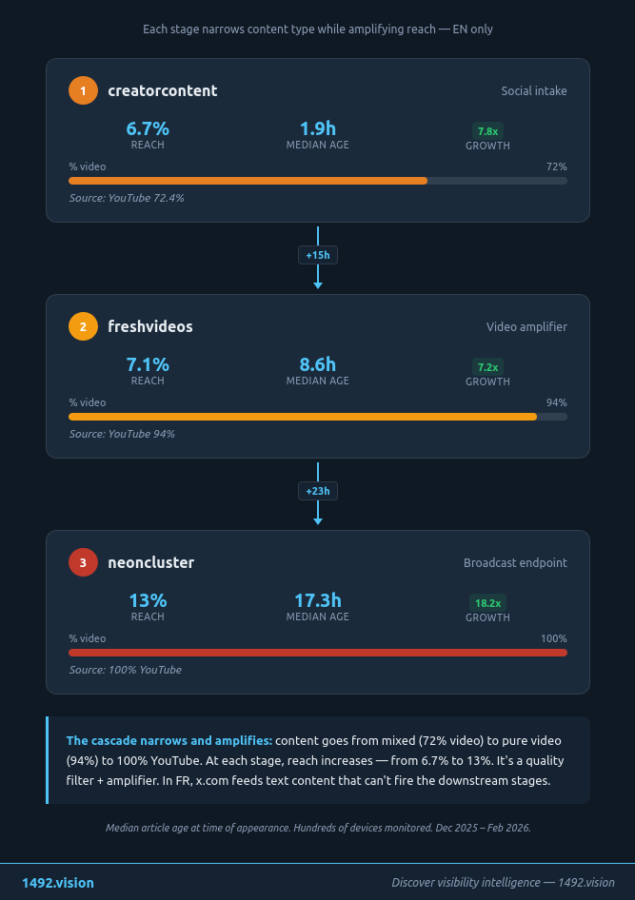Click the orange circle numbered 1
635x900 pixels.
(83, 91)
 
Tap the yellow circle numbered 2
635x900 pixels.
(83, 327)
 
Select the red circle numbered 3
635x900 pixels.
(83, 563)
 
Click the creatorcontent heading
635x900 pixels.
(162, 91)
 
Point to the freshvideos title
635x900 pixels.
(150, 327)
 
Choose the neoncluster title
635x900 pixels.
(150, 563)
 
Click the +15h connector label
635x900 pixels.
(318, 255)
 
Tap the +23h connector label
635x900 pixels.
(318, 491)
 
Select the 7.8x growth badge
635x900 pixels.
(487, 131)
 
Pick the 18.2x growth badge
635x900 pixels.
(487, 603)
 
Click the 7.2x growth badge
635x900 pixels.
(487, 367)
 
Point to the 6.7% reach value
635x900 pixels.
(148, 128)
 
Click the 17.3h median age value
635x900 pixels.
(318, 600)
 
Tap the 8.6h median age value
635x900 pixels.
(318, 364)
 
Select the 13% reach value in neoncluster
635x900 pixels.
(148, 600)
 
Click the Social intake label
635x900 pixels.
(534, 91)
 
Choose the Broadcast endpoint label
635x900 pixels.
(515, 563)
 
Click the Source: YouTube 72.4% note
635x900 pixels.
(127, 198)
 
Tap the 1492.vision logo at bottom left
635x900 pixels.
(58, 883)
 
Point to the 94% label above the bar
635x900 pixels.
(556, 402)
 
